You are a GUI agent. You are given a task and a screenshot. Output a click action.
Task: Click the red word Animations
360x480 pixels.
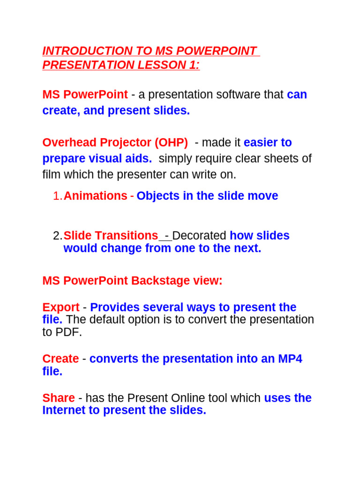95,196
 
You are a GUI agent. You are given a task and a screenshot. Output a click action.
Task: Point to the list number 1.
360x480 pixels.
57,196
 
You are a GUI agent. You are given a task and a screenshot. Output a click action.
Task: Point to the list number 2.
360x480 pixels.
57,236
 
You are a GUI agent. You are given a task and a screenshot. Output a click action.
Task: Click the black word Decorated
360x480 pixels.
199,236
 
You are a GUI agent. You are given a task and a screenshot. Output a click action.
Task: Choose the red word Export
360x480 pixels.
61,307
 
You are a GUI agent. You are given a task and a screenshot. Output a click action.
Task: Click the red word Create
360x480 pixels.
60,359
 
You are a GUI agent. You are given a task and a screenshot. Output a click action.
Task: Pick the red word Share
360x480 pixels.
59,398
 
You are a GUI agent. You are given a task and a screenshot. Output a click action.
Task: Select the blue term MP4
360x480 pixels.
289,359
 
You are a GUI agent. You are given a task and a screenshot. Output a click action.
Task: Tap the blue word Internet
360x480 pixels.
64,411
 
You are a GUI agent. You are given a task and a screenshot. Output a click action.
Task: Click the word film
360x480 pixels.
51,175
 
